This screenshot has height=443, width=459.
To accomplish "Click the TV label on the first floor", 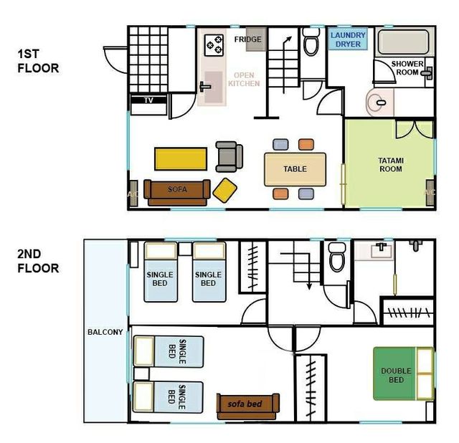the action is [x=148, y=100].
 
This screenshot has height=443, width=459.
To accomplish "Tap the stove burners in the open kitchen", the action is [x=214, y=45].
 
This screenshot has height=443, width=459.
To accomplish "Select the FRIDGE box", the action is [x=256, y=39].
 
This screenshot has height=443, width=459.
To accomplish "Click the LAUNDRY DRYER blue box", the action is [x=348, y=39].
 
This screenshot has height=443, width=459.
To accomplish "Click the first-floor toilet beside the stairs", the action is [x=311, y=42].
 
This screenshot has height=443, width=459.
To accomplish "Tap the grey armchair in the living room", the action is [x=229, y=156].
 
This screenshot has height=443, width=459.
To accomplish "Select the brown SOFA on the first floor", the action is [x=177, y=193].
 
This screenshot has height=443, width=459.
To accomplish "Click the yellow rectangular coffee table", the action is [x=181, y=159].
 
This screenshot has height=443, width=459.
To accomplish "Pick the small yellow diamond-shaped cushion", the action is [x=224, y=190].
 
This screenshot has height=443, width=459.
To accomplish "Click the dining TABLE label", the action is [x=295, y=169].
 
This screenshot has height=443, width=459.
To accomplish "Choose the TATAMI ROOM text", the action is [x=391, y=165].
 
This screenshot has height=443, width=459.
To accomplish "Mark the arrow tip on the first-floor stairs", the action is [x=291, y=37].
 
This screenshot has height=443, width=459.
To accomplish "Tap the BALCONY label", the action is [x=105, y=332].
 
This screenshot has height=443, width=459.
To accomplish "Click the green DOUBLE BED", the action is [x=403, y=373].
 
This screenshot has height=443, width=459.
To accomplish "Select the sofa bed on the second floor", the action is [x=248, y=406].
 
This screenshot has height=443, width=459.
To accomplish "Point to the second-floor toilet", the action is [x=337, y=257].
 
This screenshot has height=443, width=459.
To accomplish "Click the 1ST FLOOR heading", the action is [x=38, y=61].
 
